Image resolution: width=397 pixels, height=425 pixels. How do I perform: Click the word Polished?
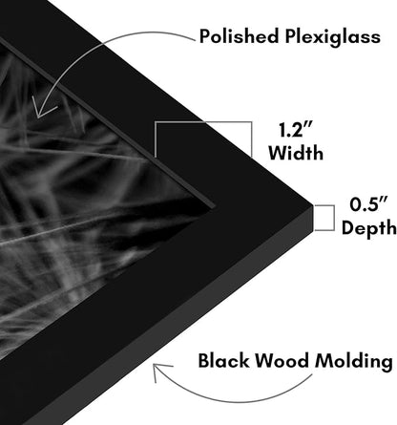tap(240, 35)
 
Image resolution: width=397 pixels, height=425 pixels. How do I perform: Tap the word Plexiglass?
tap(332, 37)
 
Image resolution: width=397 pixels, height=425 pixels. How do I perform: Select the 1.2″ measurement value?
tap(295, 130)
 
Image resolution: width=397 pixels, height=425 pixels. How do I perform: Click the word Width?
tap(296, 153)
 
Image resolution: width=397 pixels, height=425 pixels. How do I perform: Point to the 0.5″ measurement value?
tap(368, 204)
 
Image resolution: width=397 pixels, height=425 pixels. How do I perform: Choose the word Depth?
tap(369, 228)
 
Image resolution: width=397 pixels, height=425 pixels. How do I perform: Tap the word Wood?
tap(282, 361)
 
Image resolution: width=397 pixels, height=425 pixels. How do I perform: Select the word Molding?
tap(354, 362)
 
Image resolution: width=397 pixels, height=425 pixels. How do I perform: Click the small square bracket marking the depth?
tap(333, 218)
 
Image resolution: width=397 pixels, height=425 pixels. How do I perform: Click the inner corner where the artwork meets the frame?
tap(214, 206)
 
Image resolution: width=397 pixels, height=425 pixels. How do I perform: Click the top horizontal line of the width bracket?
tap(203, 122)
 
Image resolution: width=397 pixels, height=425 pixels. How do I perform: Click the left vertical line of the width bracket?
tap(156, 139)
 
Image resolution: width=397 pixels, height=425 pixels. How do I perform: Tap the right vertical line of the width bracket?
tap(252, 139)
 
